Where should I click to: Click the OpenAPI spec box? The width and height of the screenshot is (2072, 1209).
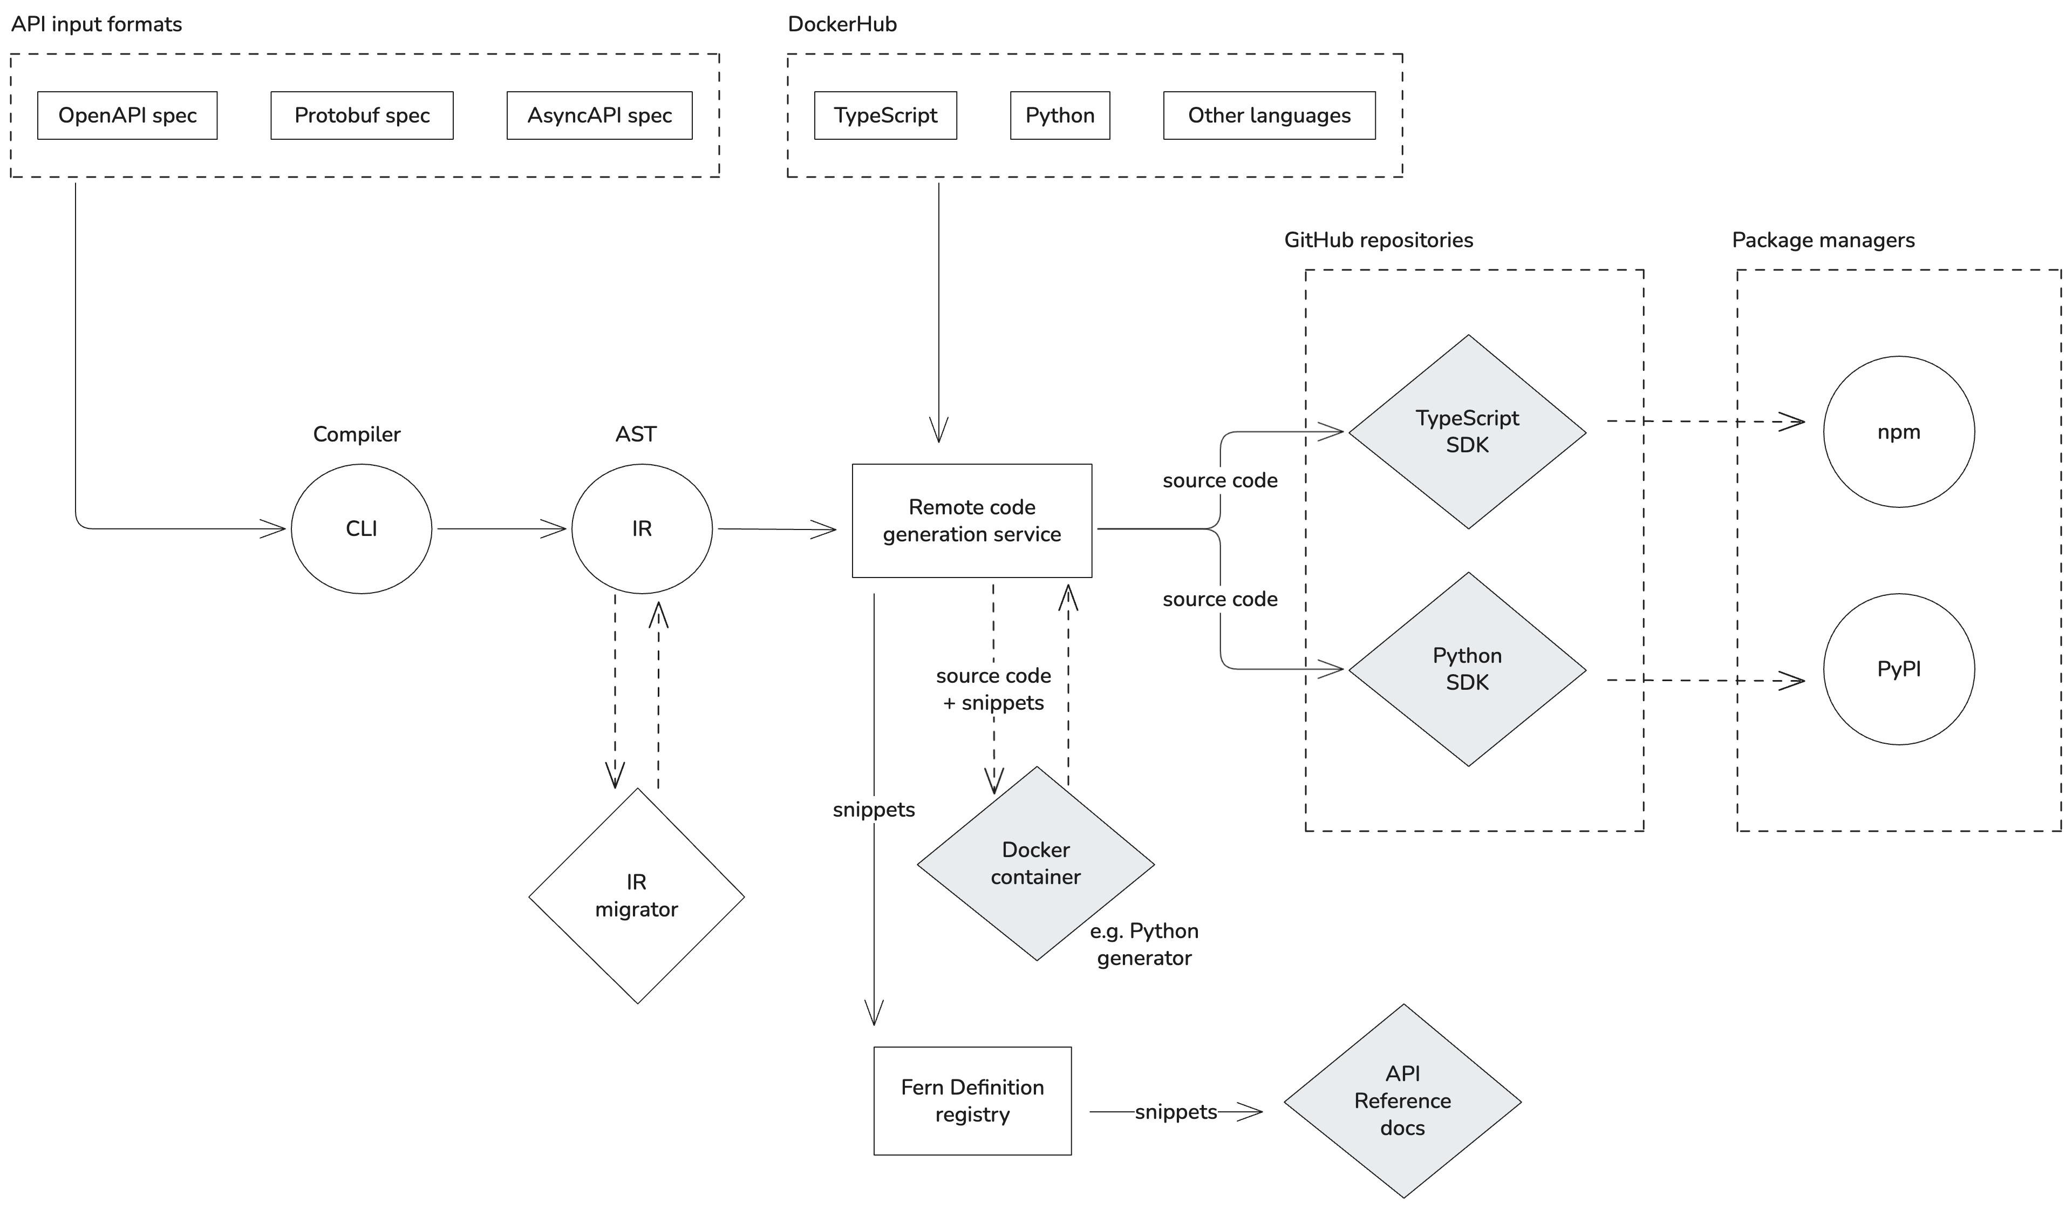pos(127,115)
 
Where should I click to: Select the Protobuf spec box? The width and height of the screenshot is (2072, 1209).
pos(362,115)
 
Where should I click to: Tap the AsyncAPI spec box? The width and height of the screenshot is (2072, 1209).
pos(599,115)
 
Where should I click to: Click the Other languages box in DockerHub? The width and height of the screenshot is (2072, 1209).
pos(1269,115)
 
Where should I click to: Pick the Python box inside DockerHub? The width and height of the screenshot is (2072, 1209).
pos(1060,115)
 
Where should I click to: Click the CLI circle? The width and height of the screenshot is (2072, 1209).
pos(362,529)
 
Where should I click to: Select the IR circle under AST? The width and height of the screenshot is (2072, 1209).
pos(642,529)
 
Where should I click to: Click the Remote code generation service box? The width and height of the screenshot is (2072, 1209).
pos(972,521)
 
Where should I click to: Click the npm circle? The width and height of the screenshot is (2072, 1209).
pos(1898,432)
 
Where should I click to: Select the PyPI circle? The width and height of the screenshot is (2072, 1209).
pos(1898,669)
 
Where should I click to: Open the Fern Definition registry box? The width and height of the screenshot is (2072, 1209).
pos(972,1101)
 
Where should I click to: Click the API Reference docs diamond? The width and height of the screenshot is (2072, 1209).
pos(1403,1101)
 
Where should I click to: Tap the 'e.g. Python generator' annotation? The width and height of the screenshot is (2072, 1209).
pos(1144,944)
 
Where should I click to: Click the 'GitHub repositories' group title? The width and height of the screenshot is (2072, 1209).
pos(1378,240)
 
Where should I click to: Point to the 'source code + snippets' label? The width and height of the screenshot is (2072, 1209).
pos(993,689)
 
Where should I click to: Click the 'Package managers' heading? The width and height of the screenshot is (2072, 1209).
pos(1823,240)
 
